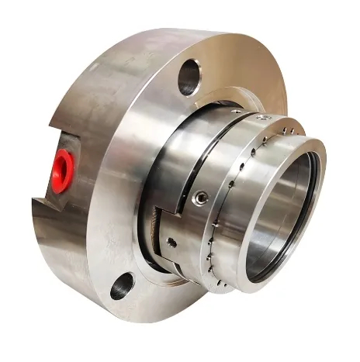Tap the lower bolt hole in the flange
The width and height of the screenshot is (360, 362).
click(x=121, y=288)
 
